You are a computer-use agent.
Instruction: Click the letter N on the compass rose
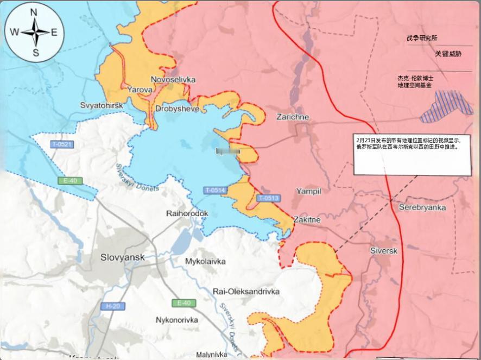(x=34, y=12)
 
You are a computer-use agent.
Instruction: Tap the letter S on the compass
(x=36, y=53)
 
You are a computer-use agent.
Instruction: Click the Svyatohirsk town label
(x=102, y=104)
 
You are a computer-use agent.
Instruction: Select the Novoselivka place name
(x=173, y=80)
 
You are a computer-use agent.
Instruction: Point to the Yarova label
(x=140, y=89)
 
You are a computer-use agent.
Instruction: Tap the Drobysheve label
(x=177, y=109)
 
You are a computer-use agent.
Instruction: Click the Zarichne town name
(x=293, y=117)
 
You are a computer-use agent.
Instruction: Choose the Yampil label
(x=309, y=191)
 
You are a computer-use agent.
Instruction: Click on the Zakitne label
(x=307, y=220)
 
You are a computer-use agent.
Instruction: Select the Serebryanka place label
(x=422, y=207)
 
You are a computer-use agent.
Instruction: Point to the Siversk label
(x=384, y=251)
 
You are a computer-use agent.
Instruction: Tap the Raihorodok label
(x=187, y=213)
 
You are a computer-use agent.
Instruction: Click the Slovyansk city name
(x=123, y=257)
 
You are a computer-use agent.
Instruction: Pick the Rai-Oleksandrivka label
(x=246, y=292)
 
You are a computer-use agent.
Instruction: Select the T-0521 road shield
(x=62, y=144)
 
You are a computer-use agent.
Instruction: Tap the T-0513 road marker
(x=268, y=198)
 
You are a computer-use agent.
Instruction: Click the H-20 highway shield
(x=112, y=306)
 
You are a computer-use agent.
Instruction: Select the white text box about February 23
(x=412, y=154)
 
